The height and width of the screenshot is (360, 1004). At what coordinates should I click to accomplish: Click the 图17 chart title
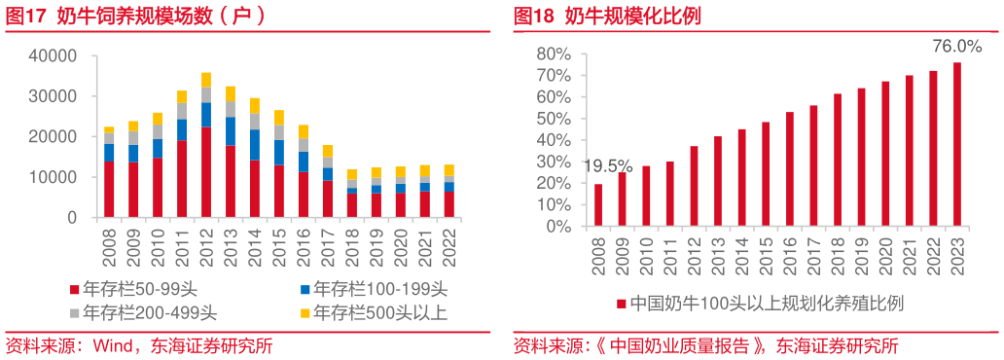[x=136, y=16]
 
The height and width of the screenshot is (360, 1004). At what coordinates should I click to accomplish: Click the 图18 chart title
[x=608, y=16]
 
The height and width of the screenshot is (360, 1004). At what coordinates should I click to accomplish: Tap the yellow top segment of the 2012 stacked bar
[x=205, y=80]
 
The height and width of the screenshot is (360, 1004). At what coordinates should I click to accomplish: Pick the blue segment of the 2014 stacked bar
[x=256, y=145]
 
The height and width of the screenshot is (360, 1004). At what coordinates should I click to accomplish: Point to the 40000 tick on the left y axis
[x=57, y=56]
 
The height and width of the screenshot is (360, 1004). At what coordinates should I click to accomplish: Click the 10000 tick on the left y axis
[x=57, y=178]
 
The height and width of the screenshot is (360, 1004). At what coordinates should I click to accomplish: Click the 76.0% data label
[x=957, y=47]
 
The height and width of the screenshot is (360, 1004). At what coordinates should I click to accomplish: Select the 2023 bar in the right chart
[x=957, y=144]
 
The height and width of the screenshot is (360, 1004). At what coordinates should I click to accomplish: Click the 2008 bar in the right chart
[x=598, y=205]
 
